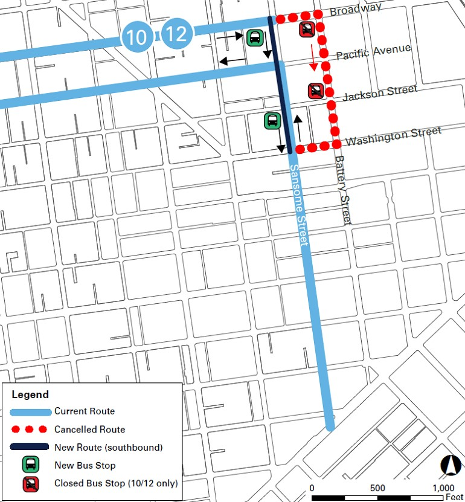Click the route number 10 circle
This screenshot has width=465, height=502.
coord(137,37)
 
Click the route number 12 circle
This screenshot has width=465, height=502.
coord(176,34)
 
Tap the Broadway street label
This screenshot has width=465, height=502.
coord(356,10)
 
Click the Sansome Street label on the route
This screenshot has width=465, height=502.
coord(299,205)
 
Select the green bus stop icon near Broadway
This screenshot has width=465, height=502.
coord(254,38)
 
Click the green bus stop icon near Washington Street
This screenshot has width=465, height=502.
coord(272,120)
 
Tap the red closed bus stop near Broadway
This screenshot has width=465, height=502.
coord(307,29)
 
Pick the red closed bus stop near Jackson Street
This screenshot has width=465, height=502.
coord(315,91)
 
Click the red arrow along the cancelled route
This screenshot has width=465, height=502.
coord(313,56)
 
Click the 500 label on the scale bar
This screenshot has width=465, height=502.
coord(378,488)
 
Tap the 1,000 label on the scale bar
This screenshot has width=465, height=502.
coord(443,488)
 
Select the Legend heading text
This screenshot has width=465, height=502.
coord(30,394)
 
